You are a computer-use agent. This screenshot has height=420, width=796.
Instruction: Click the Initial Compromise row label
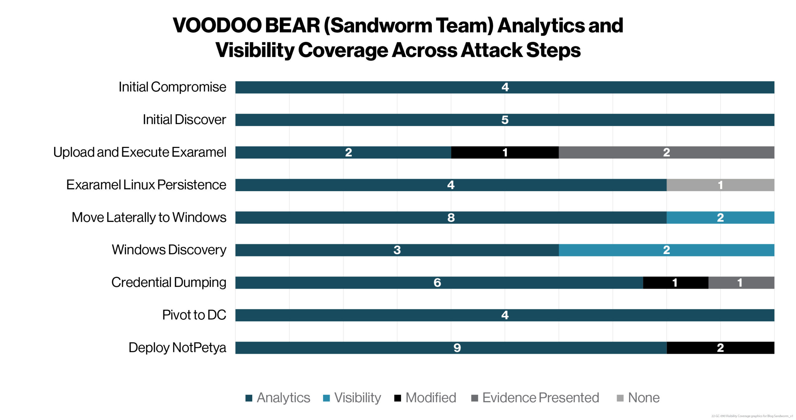tap(172, 87)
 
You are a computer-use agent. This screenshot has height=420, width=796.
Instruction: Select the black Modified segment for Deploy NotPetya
tap(720, 348)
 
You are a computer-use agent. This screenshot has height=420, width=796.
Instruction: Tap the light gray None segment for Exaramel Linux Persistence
tap(720, 185)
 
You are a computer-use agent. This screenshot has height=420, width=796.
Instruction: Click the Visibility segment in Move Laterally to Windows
tap(720, 218)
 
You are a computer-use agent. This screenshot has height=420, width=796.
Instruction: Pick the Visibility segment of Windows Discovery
tap(666, 250)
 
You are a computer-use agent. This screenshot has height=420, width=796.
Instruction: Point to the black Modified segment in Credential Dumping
tap(675, 283)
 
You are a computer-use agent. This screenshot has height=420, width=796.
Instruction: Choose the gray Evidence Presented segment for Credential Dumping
tap(741, 283)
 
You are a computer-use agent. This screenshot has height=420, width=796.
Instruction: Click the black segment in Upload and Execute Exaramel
tap(505, 152)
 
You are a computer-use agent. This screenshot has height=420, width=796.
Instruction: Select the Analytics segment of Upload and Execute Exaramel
tap(343, 152)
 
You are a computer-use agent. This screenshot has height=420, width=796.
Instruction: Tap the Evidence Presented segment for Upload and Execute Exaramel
tap(666, 152)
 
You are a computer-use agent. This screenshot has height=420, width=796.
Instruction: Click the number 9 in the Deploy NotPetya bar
tap(457, 348)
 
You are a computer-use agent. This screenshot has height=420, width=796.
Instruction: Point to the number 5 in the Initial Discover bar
tap(505, 120)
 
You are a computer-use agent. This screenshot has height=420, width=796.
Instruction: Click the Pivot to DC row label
tap(194, 315)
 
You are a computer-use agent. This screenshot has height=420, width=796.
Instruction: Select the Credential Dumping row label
tap(169, 282)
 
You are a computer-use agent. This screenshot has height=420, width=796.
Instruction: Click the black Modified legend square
tap(397, 398)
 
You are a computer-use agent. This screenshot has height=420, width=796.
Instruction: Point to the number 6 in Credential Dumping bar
tap(437, 283)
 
